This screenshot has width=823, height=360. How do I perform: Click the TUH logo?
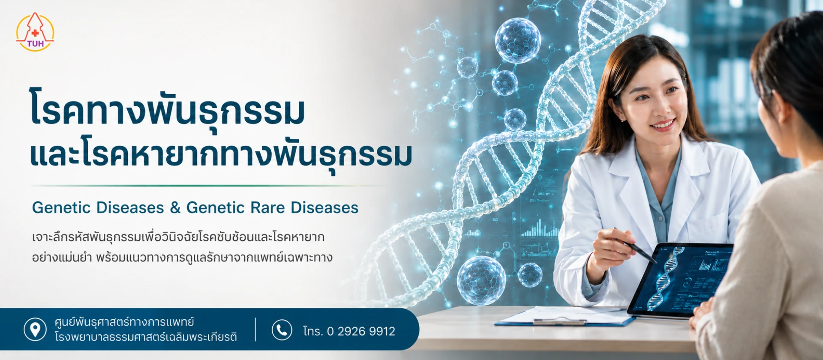35,32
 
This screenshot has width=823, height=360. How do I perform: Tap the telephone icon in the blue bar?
282,330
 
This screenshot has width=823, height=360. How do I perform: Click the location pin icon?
35,330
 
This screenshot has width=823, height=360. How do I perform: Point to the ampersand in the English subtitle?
175,208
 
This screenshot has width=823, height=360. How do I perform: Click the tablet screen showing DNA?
682,279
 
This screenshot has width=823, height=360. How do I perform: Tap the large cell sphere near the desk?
481,281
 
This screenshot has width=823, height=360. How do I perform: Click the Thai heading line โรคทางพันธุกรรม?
167,109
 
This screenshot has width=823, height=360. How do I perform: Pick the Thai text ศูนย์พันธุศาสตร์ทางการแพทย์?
124,322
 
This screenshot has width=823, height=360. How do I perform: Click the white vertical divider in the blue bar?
255,330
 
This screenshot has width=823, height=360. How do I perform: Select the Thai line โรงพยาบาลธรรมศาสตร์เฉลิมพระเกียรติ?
146,337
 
